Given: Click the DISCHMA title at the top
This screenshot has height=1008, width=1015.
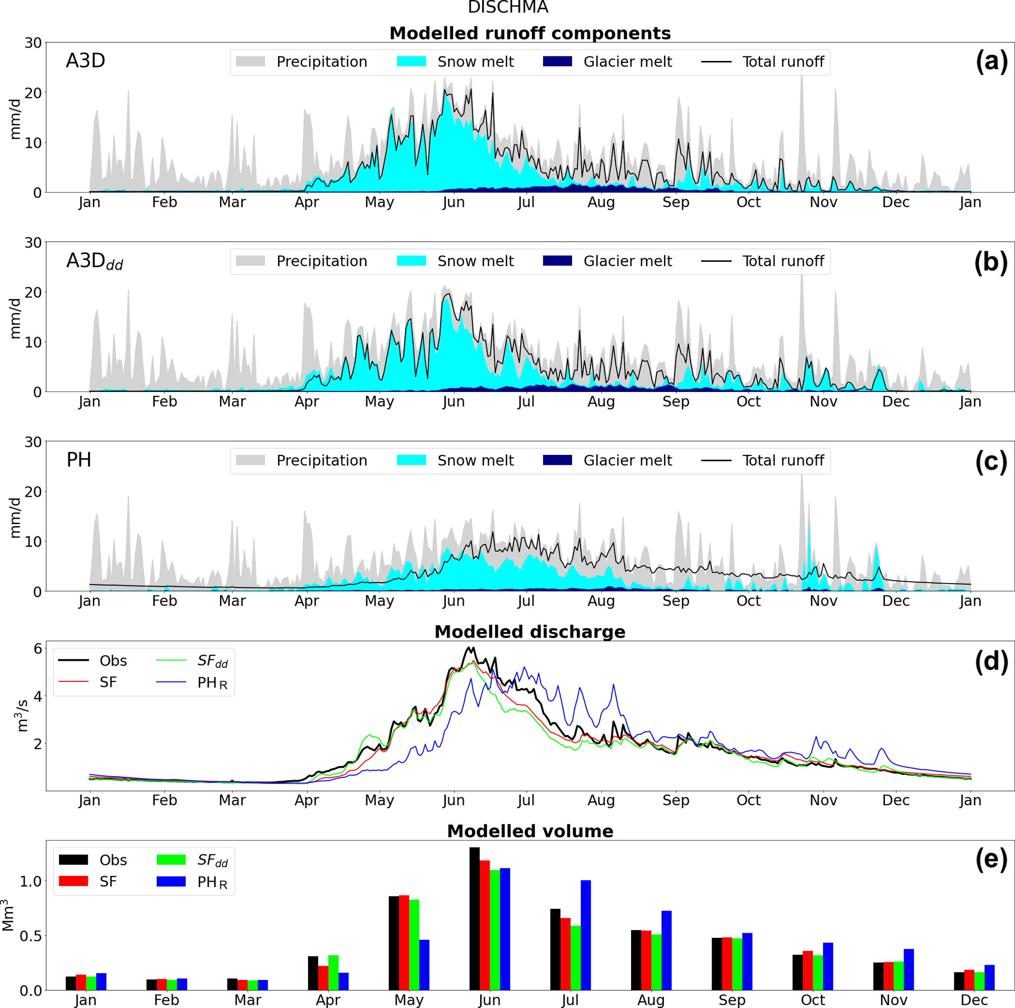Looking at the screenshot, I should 508,7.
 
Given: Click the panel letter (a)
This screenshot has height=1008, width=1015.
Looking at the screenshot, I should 991,61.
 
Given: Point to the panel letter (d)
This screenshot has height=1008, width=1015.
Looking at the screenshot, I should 991,661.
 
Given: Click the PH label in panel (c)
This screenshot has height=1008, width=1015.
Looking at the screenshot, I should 79,460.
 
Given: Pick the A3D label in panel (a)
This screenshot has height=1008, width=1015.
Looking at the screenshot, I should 85,61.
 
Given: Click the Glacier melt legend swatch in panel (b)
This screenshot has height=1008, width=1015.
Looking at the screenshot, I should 557,261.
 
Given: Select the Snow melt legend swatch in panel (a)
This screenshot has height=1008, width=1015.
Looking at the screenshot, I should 411,61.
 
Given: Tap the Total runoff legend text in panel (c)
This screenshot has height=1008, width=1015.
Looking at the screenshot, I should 783,460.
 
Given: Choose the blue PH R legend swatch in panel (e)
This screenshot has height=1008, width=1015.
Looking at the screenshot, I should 171,881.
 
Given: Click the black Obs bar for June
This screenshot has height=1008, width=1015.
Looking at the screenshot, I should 474,919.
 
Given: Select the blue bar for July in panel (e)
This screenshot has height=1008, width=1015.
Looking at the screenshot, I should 585,935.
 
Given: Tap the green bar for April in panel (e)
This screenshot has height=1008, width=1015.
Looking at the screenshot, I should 333,972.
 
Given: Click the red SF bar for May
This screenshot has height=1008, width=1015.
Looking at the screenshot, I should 404,942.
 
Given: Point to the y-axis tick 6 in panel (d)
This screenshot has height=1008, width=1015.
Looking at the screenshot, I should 37,648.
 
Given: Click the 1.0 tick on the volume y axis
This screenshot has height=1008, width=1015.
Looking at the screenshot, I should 31,881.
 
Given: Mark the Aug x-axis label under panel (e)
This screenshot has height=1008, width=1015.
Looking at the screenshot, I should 651,1000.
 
